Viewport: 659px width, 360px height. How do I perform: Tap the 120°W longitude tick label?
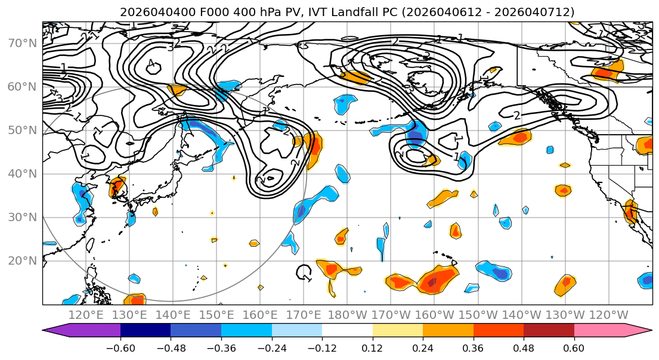(608, 315)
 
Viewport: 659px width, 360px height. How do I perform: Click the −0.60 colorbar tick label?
(120, 347)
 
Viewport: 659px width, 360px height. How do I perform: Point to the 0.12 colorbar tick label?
(373, 347)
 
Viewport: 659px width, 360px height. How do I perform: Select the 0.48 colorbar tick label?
(524, 347)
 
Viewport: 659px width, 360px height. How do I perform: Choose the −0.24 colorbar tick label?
(272, 347)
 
